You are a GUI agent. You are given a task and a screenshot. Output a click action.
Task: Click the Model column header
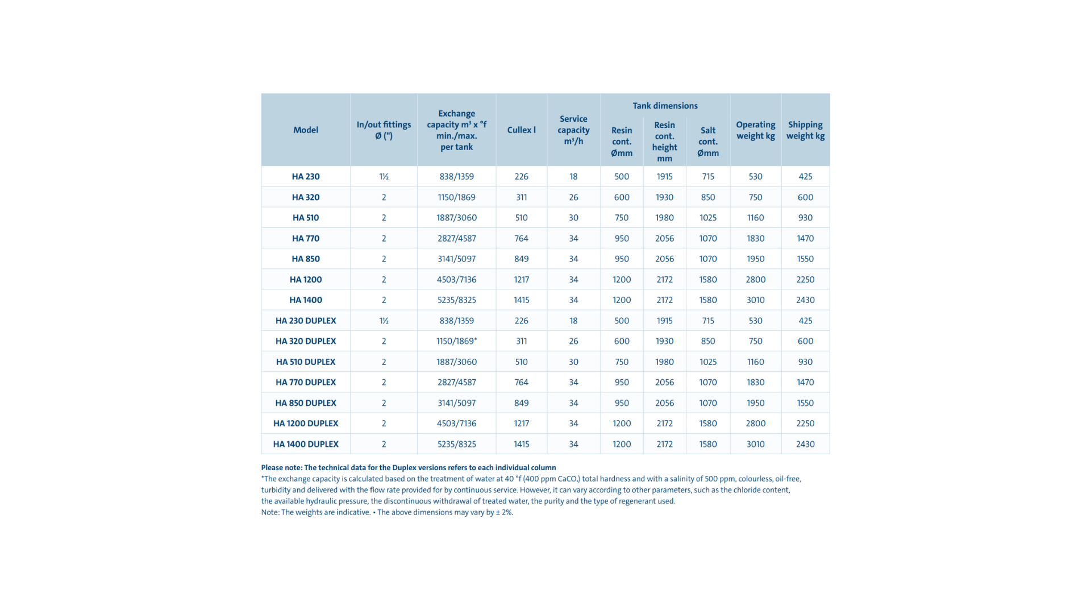[x=306, y=130]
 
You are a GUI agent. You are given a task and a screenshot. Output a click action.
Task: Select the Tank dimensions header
[x=665, y=106]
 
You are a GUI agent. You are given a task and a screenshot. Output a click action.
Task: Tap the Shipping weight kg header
[x=805, y=130]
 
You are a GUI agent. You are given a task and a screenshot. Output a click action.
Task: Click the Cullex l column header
[x=521, y=130]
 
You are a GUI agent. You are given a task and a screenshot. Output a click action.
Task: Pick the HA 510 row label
[x=306, y=218]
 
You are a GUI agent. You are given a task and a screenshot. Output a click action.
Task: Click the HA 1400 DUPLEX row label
[x=306, y=444]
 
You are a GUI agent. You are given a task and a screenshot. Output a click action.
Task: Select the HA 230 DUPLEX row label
[x=306, y=321]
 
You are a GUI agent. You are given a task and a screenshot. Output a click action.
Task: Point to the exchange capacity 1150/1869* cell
[x=456, y=341]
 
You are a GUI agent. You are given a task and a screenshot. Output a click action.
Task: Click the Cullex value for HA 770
[x=521, y=238]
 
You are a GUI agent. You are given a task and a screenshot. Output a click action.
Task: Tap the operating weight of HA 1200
[x=755, y=280]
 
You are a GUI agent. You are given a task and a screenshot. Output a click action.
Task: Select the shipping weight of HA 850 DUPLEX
[x=805, y=403]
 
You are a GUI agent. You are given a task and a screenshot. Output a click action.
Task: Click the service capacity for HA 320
[x=573, y=197]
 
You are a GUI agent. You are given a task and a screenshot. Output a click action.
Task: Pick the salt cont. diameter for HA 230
[x=708, y=177]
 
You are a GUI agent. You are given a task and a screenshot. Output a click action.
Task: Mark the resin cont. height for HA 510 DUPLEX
[x=664, y=362]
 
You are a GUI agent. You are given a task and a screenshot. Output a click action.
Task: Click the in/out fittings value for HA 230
[x=384, y=177]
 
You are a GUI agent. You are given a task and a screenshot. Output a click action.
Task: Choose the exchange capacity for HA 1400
[x=456, y=300]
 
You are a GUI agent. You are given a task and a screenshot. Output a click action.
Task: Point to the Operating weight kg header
[x=755, y=130]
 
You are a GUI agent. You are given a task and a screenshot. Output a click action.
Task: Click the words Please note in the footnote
[x=281, y=468]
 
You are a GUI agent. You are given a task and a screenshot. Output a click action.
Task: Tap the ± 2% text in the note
[x=504, y=512]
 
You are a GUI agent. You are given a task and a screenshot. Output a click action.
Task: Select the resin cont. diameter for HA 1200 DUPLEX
[x=622, y=424]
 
